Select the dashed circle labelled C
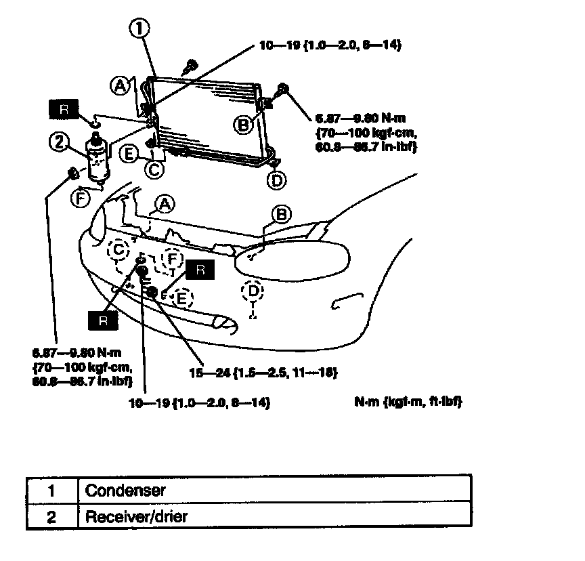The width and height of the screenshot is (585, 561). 120,250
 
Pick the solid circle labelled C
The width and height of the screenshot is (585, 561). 155,169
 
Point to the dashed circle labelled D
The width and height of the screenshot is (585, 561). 252,291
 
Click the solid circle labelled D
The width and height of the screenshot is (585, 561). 276,180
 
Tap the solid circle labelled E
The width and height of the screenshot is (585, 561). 131,154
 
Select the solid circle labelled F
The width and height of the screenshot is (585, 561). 80,199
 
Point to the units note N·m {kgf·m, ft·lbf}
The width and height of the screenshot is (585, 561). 408,402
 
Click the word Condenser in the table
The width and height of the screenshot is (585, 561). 125,489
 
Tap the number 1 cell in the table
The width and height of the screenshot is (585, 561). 51,489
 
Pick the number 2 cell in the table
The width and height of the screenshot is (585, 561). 51,517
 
